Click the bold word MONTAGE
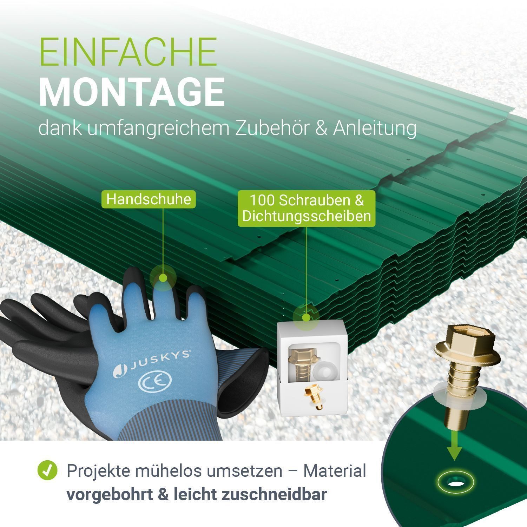tap(132, 92)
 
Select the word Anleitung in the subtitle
tap(375, 129)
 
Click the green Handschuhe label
tap(149, 199)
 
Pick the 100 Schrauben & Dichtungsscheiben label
tap(307, 208)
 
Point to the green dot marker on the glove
tap(163, 278)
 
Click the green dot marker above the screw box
tap(306, 317)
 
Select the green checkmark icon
tap(47, 470)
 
